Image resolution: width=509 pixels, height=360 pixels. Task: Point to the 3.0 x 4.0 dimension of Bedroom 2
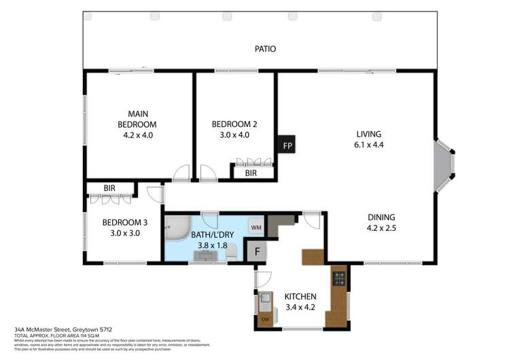(234, 135)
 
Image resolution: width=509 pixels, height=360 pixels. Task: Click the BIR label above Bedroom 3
(109, 188)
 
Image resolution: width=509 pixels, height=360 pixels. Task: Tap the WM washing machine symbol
(256, 227)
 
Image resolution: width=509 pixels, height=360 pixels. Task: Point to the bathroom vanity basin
(204, 255)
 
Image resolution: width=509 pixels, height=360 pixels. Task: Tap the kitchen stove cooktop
(338, 278)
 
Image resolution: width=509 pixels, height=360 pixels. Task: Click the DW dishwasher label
(265, 319)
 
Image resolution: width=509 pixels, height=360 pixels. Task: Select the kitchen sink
(266, 300)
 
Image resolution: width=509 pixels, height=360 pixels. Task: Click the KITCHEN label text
(299, 297)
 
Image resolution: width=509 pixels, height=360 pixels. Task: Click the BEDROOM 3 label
(125, 222)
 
